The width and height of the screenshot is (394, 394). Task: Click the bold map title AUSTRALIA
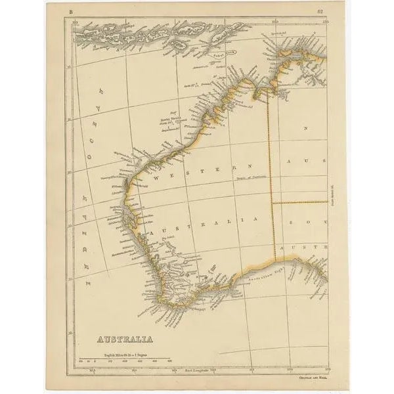coord(125,340)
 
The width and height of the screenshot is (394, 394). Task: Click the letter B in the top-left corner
coord(70,11)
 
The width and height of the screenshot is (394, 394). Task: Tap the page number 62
coord(319,11)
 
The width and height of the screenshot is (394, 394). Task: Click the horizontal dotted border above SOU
coord(299,202)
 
